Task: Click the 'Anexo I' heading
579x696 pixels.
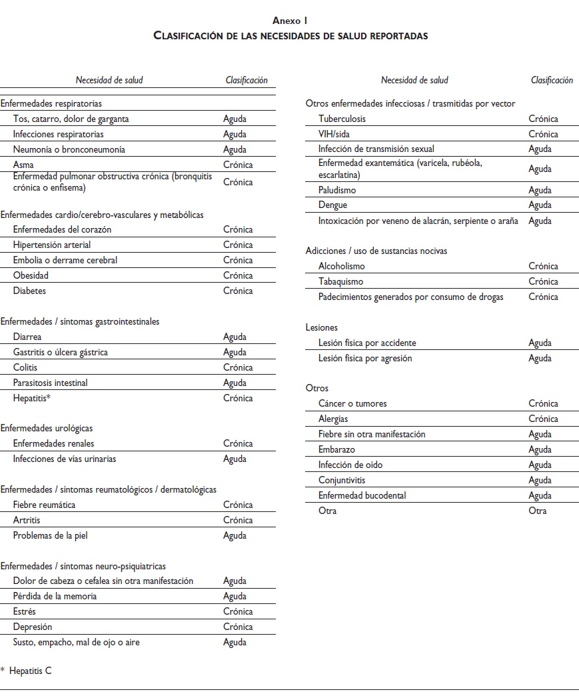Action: tap(290, 21)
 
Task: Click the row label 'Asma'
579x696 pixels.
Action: tap(23, 165)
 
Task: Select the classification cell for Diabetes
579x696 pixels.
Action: tap(238, 291)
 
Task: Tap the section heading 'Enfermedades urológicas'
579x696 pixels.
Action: tap(47, 428)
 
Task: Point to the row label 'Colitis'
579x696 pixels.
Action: tap(25, 367)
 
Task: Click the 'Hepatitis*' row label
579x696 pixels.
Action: tap(32, 398)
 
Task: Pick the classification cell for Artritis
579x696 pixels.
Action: tap(238, 520)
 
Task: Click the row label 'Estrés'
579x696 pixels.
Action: tap(25, 611)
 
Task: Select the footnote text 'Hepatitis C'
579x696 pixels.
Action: tap(30, 671)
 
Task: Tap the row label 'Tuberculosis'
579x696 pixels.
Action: tap(342, 119)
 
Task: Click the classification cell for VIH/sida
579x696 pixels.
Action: tap(543, 134)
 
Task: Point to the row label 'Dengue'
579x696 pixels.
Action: tap(332, 205)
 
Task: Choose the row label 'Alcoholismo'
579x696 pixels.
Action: tap(342, 266)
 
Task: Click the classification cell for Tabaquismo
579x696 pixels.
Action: tap(543, 281)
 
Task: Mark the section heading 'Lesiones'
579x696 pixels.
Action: tap(322, 327)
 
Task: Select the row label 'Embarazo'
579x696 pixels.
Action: tap(336, 449)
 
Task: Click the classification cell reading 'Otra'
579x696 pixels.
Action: tap(537, 511)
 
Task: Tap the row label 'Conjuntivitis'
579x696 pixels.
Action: tap(342, 480)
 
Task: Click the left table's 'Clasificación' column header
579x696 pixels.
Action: tap(247, 80)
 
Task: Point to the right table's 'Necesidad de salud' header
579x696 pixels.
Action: tap(414, 80)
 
